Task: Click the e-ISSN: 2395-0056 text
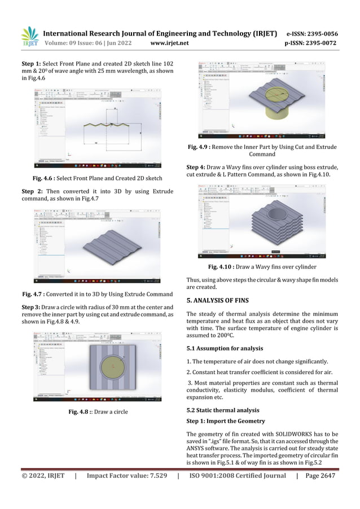[312, 33]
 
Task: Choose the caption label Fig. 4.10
[223, 266]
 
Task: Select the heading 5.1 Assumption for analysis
[227, 347]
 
